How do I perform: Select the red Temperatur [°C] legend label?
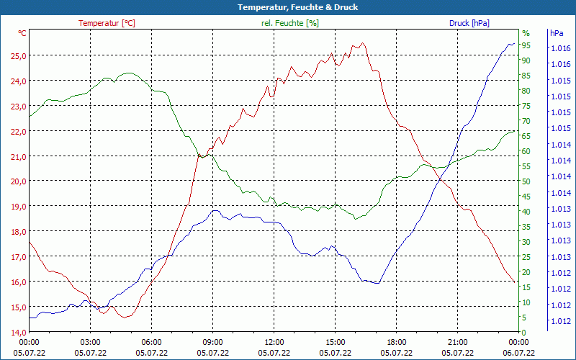click(x=107, y=23)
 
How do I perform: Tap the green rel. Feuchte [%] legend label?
click(x=289, y=23)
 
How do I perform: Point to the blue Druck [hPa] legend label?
click(x=469, y=23)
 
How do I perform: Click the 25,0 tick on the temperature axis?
click(x=18, y=55)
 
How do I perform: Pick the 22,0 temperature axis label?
click(x=18, y=131)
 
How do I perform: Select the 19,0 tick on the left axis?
click(x=18, y=207)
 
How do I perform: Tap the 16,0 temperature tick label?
click(x=18, y=282)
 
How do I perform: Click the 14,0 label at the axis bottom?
click(x=18, y=332)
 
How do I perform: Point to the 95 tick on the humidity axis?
click(x=526, y=45)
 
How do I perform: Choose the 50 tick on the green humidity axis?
click(x=526, y=181)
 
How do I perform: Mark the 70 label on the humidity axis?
click(x=526, y=121)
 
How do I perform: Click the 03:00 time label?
click(x=90, y=342)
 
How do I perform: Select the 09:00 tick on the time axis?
click(x=212, y=342)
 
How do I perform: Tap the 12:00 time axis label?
click(x=274, y=342)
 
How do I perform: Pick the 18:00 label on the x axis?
click(x=397, y=342)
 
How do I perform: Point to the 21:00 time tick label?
click(x=458, y=342)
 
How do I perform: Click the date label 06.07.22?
click(x=519, y=353)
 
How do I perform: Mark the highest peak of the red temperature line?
click(x=362, y=43)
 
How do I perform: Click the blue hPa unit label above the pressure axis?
click(x=557, y=33)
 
